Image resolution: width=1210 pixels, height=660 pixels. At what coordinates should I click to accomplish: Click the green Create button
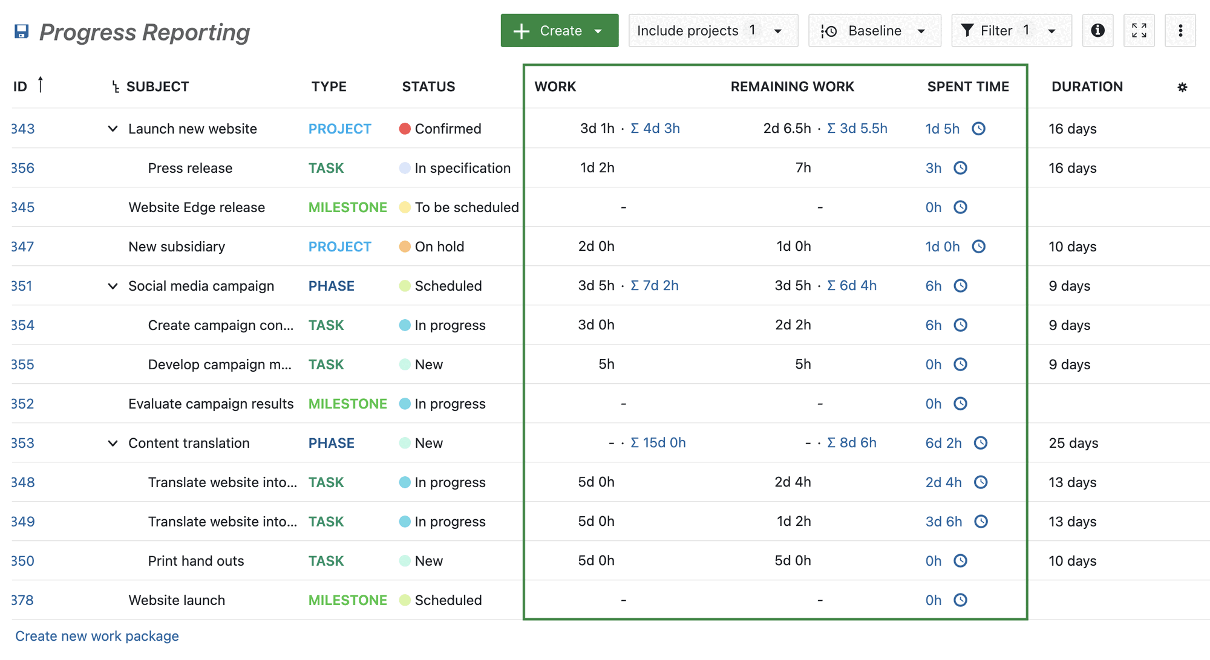click(558, 31)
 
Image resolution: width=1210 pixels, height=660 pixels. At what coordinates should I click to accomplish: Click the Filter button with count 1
click(1010, 31)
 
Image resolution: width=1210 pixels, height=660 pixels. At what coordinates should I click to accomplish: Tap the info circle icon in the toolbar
click(1097, 31)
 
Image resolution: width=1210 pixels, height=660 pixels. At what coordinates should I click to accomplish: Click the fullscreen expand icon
click(1139, 31)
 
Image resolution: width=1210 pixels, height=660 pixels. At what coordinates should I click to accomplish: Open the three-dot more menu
click(1180, 31)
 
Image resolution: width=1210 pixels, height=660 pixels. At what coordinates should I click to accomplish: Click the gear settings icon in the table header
click(1182, 88)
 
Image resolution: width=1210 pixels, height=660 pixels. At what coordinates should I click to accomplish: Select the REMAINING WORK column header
click(792, 87)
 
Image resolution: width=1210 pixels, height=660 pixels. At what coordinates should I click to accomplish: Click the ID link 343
click(23, 129)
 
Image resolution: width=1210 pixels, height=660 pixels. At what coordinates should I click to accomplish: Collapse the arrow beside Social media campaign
click(113, 286)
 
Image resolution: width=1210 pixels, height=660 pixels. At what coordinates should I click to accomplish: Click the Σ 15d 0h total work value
click(658, 443)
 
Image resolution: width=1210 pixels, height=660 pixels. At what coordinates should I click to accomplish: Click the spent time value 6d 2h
click(943, 443)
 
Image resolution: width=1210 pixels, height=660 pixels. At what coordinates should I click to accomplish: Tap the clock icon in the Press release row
click(960, 168)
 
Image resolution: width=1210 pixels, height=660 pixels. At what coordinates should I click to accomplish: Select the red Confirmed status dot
click(405, 129)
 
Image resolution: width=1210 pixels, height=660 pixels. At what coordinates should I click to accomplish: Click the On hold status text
click(439, 247)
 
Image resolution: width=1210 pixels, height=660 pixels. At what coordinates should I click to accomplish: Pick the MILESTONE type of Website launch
click(347, 600)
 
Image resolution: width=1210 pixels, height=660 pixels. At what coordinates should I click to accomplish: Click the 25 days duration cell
click(1073, 443)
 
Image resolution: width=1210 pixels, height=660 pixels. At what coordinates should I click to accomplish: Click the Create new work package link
click(97, 636)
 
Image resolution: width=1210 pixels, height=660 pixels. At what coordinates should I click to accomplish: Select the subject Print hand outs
click(196, 561)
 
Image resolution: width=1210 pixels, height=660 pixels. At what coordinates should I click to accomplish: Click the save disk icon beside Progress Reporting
click(22, 31)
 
